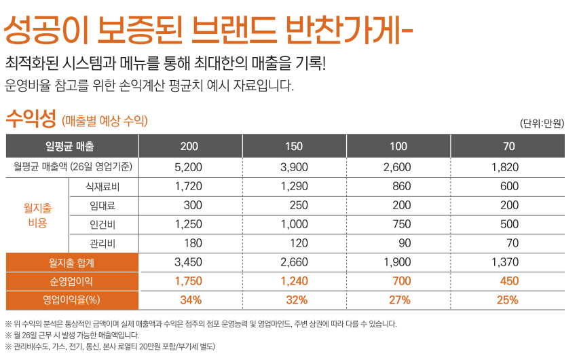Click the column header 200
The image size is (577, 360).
click(189, 146)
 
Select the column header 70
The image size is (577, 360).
click(509, 146)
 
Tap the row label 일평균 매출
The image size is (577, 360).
click(70, 146)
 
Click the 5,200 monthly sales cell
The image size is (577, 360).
click(189, 167)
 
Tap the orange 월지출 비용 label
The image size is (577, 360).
click(37, 215)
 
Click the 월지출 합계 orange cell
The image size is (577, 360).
click(71, 262)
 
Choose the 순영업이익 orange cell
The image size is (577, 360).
click(71, 281)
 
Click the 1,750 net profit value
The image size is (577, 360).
click(189, 281)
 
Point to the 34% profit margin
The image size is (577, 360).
click(191, 300)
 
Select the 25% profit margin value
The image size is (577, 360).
click(507, 300)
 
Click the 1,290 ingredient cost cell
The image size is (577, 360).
click(294, 186)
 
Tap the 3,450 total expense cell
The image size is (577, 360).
click(189, 262)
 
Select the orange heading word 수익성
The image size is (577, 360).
click(31, 118)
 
